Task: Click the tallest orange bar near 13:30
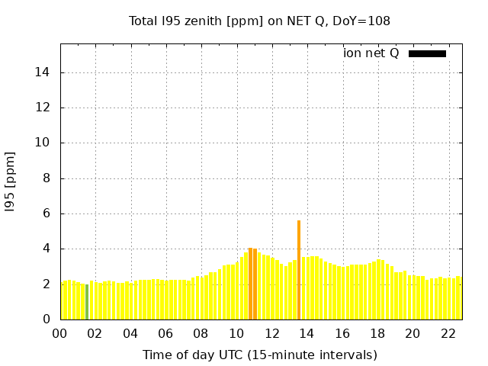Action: pos(299,269)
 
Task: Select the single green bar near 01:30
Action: pos(87,301)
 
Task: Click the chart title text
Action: pos(259,21)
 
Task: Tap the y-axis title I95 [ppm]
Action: pos(11,181)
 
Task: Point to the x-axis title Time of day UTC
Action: pos(259,355)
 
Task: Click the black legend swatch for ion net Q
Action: pos(427,53)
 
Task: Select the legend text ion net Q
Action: pos(371,53)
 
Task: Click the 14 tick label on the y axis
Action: pos(44,72)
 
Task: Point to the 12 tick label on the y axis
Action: pos(44,108)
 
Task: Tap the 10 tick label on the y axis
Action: pos(44,143)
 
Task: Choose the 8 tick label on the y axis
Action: pos(47,178)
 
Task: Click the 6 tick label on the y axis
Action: pos(47,213)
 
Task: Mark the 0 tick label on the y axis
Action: pos(47,319)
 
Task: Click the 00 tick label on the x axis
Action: pos(60,333)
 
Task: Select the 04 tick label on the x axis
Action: pos(130,333)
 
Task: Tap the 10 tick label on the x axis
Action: pos(236,333)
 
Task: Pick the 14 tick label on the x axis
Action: pos(307,333)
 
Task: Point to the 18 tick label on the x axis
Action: pos(377,333)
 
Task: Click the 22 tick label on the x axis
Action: pos(448,333)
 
